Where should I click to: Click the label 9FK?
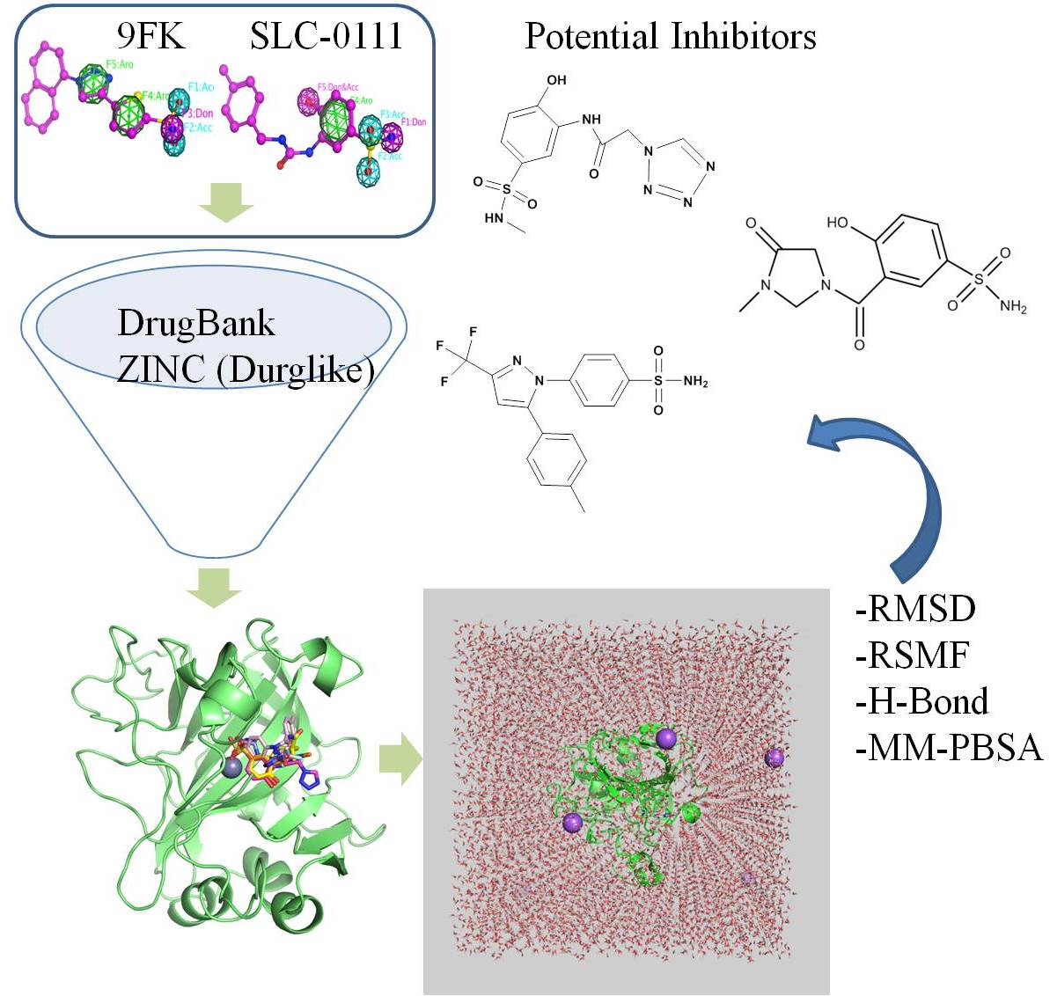(150, 36)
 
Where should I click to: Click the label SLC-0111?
(326, 36)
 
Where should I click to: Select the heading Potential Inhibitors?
(670, 36)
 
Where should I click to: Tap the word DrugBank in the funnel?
(195, 324)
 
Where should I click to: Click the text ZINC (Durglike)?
(246, 370)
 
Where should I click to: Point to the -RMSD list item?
(915, 608)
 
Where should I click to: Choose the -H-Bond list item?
(921, 701)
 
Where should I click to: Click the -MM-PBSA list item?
(948, 748)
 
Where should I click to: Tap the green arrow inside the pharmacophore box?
(225, 207)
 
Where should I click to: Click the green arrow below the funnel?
(214, 587)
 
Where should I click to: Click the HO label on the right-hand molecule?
(837, 223)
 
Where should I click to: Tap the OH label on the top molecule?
(556, 80)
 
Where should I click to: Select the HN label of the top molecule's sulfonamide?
(494, 218)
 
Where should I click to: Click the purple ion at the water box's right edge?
(774, 758)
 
